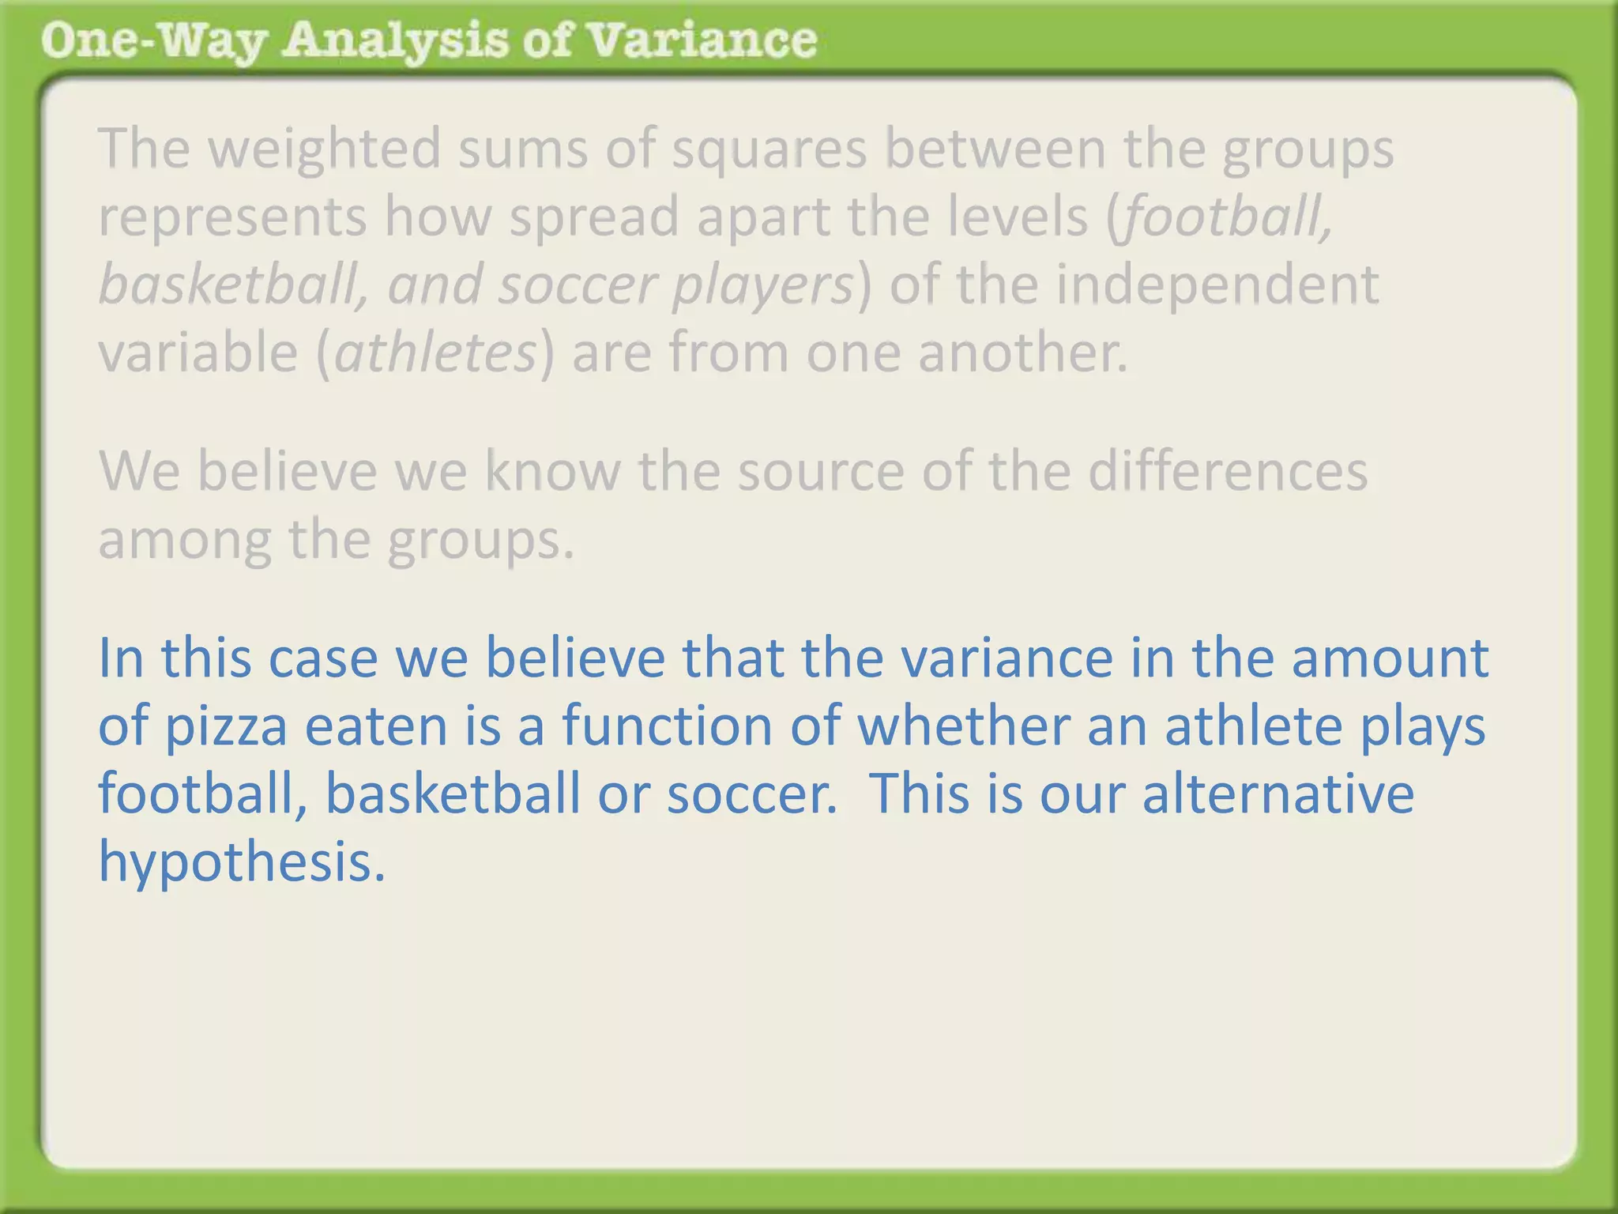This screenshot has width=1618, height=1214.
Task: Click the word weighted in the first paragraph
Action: [x=324, y=148]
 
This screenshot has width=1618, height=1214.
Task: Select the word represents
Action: [x=232, y=216]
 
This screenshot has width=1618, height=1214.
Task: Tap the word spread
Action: [x=594, y=216]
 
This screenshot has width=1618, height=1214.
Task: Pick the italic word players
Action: [x=762, y=284]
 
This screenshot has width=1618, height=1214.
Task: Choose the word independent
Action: [x=1217, y=284]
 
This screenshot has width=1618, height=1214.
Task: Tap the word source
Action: [x=821, y=471]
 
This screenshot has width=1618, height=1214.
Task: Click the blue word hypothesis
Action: [x=242, y=861]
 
